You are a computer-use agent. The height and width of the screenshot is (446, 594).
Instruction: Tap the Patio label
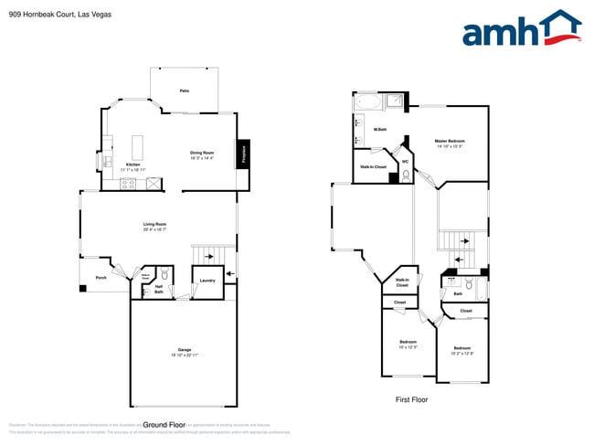[185, 91]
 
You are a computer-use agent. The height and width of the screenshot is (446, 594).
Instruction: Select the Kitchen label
[133, 165]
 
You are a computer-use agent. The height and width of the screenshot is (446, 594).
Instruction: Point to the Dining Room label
[202, 154]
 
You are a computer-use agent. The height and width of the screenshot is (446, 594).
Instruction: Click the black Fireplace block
[244, 153]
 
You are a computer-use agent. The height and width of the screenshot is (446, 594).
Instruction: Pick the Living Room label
[154, 225]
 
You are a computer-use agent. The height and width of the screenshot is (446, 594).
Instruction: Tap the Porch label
[101, 277]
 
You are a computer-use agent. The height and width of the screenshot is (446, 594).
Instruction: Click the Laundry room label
[207, 281]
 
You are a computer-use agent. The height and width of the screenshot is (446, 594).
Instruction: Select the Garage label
[185, 351]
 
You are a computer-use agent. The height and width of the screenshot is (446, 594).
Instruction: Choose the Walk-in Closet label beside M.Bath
[372, 167]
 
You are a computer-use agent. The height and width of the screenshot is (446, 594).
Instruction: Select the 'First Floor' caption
[411, 399]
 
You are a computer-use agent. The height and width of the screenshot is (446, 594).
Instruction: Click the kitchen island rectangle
[139, 146]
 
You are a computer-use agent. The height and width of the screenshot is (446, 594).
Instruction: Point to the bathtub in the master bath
[368, 101]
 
